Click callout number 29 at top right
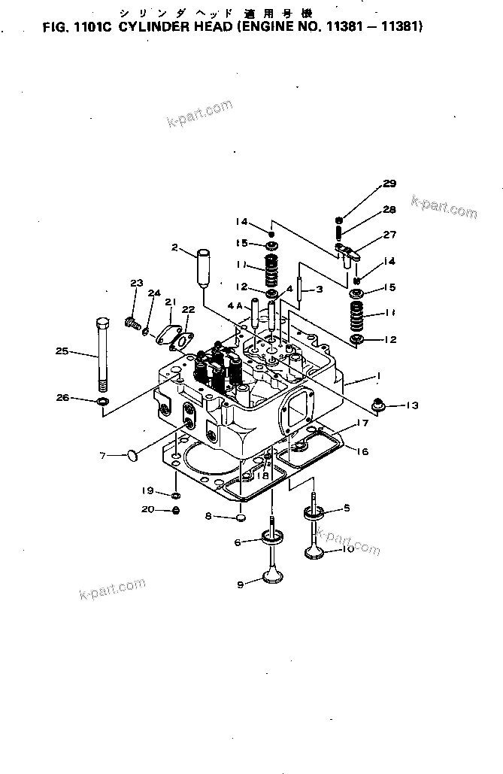[389, 184]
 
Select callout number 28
[389, 210]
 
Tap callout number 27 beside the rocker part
[389, 235]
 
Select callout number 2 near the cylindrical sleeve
[174, 247]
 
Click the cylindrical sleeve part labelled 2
[203, 267]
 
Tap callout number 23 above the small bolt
[136, 284]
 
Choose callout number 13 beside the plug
[411, 406]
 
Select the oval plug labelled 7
[133, 454]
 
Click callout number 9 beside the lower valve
[241, 584]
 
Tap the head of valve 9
[271, 578]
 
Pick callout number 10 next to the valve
[347, 549]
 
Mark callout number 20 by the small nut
[148, 510]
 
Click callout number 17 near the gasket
[362, 423]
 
